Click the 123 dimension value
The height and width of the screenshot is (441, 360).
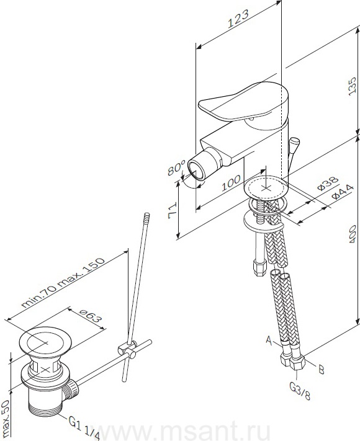tap(238, 19)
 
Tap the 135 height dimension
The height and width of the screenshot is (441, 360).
tap(352, 86)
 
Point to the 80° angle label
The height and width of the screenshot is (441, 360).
tap(176, 168)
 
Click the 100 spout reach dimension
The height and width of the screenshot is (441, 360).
tap(231, 183)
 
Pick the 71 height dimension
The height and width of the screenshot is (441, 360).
tap(173, 210)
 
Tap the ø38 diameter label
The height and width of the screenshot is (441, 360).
tap(328, 184)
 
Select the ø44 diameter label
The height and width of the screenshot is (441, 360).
tap(342, 192)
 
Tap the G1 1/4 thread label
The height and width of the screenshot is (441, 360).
tap(84, 426)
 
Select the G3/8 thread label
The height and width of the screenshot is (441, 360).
tap(300, 391)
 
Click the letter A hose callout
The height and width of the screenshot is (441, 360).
tap(269, 341)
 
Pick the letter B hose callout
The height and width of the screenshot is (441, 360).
tap(322, 370)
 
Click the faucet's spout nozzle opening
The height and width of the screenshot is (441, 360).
tap(196, 171)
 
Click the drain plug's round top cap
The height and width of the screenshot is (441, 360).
tap(46, 342)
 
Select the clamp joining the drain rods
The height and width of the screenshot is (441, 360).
tap(128, 348)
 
